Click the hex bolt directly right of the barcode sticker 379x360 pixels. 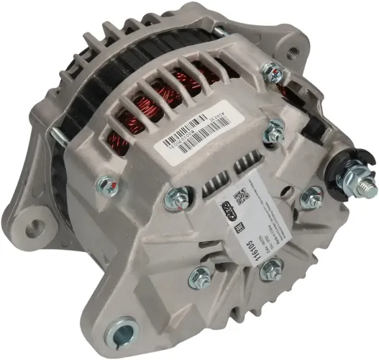point(273,131)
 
